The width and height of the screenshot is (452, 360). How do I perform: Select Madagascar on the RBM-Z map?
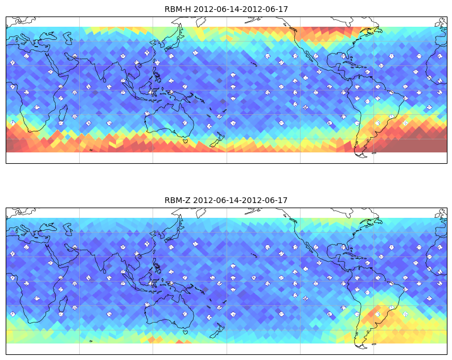pyautogui.click(x=63, y=304)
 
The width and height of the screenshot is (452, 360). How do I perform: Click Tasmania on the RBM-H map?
pyautogui.click(x=186, y=141)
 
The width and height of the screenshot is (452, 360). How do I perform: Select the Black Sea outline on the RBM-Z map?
pyautogui.click(x=48, y=228)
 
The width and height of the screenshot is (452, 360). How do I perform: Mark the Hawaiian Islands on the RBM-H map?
pyautogui.click(x=254, y=64)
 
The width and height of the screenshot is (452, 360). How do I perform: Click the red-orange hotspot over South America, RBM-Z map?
pyautogui.click(x=375, y=312)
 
